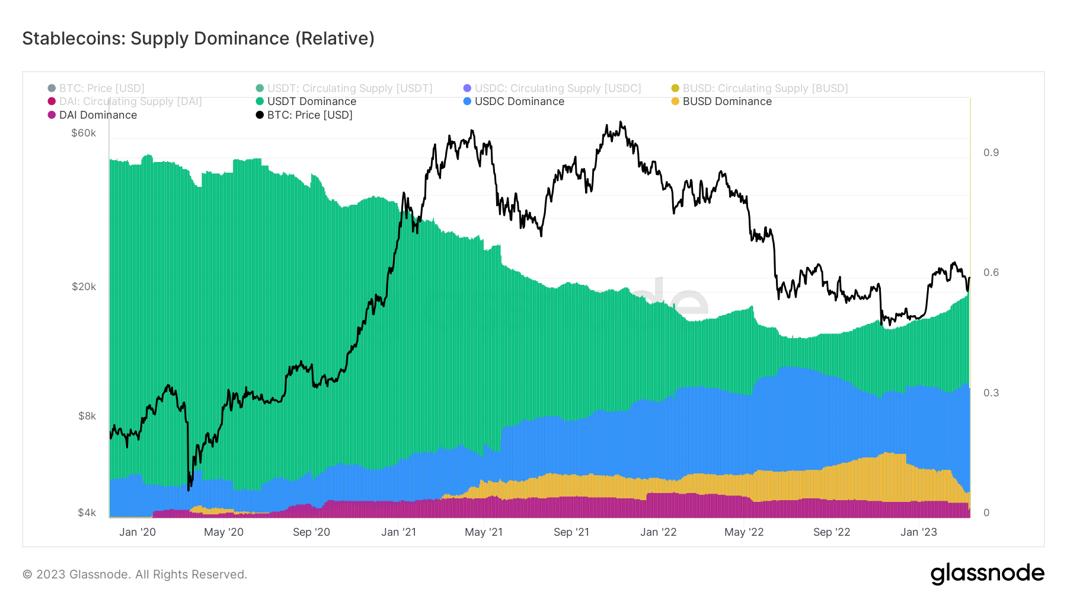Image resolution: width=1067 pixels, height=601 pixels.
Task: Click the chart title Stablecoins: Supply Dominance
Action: pyautogui.click(x=198, y=39)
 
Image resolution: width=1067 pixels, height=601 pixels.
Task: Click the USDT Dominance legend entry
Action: pyautogui.click(x=311, y=101)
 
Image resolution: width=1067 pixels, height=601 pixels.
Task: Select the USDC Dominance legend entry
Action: pyautogui.click(x=519, y=101)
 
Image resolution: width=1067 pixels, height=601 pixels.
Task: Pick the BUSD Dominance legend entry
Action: pyautogui.click(x=727, y=101)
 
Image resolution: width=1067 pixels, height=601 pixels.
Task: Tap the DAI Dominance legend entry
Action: pyautogui.click(x=98, y=115)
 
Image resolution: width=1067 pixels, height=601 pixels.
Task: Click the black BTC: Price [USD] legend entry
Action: pyautogui.click(x=309, y=115)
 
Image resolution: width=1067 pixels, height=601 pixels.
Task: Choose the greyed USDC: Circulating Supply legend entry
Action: pyautogui.click(x=557, y=88)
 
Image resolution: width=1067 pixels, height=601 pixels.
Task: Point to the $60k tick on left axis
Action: pyautogui.click(x=84, y=133)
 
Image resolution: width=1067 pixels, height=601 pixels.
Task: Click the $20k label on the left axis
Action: pyautogui.click(x=84, y=287)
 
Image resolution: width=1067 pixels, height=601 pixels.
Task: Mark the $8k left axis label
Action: pyautogui.click(x=87, y=416)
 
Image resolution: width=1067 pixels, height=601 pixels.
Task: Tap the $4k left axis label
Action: pyautogui.click(x=87, y=513)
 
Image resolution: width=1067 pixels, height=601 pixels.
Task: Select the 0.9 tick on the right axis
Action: pyautogui.click(x=991, y=152)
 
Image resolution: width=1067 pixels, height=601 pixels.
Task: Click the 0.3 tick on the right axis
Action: pyautogui.click(x=991, y=393)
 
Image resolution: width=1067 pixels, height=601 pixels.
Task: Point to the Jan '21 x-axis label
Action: pyautogui.click(x=398, y=532)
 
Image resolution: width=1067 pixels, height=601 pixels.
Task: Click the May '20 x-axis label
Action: pyautogui.click(x=223, y=532)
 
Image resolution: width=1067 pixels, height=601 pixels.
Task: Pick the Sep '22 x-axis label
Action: pyautogui.click(x=831, y=532)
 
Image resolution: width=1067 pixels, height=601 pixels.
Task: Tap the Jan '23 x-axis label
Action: pyautogui.click(x=918, y=532)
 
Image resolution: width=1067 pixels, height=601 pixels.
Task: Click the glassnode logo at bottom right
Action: pyautogui.click(x=987, y=574)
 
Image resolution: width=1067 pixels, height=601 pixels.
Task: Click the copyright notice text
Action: pyautogui.click(x=135, y=574)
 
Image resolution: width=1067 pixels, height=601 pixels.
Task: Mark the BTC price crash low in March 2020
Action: pyautogui.click(x=189, y=489)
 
